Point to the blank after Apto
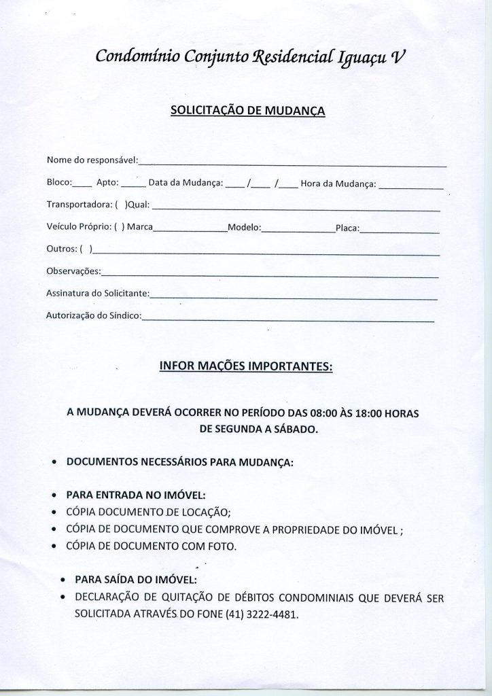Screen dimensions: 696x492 (x=133, y=185)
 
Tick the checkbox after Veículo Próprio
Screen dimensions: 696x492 (x=119, y=228)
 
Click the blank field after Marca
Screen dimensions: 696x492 (x=190, y=231)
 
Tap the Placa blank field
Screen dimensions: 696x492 (x=400, y=231)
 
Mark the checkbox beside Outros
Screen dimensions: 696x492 (x=86, y=250)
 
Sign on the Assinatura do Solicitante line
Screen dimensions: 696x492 (x=293, y=297)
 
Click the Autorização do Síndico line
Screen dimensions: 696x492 (x=287, y=319)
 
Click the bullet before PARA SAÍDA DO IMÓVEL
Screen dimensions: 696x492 (x=63, y=582)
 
